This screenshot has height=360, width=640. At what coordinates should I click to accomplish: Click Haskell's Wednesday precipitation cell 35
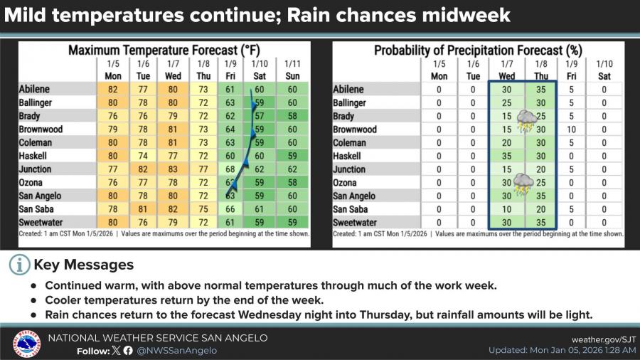(507, 156)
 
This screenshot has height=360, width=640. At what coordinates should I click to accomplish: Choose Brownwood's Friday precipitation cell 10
(571, 129)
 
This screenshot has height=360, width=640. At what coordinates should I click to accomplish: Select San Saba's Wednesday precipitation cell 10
(507, 210)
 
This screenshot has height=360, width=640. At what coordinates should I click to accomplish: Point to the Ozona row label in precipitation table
(348, 183)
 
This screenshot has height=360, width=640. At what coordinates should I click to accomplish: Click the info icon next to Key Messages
(20, 265)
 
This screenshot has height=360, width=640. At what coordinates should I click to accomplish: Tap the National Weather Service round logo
(26, 344)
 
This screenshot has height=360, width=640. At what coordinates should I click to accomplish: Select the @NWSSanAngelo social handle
(176, 351)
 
